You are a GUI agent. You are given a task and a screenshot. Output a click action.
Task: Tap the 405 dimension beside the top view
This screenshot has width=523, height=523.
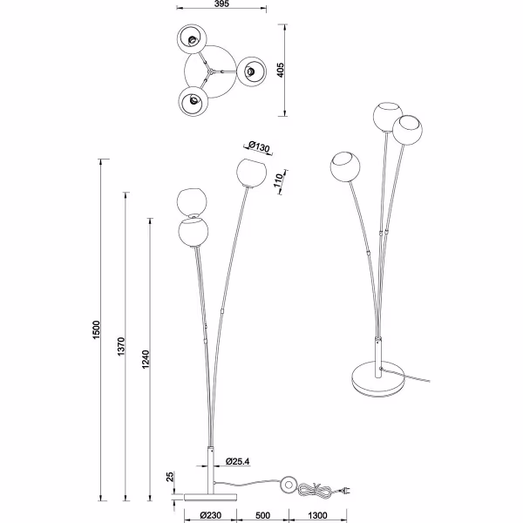pos(282,70)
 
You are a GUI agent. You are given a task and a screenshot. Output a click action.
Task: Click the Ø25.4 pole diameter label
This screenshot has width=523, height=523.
pos(240,460)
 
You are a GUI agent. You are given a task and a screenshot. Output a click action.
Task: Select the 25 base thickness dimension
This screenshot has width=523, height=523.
pos(171,478)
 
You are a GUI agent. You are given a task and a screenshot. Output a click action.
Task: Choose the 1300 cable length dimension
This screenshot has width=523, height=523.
pos(316,514)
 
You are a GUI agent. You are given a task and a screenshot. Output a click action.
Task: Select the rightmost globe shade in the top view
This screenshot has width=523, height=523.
pos(252,71)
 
